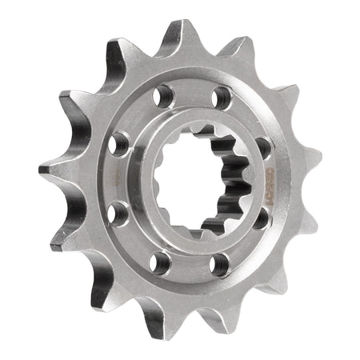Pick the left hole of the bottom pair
pyautogui.click(x=162, y=260)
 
